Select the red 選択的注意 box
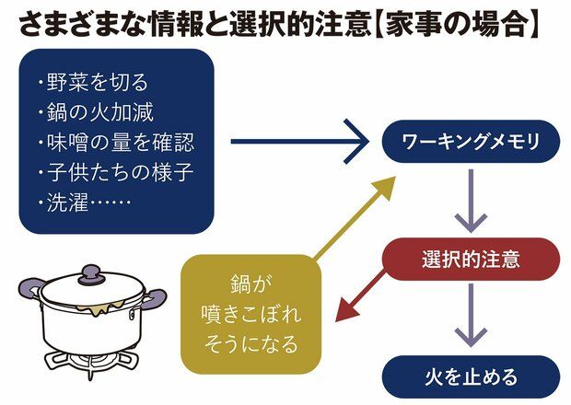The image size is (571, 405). coord(471,260)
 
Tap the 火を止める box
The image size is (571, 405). coord(471,377)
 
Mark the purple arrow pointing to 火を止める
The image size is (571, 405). coord(471,319)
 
